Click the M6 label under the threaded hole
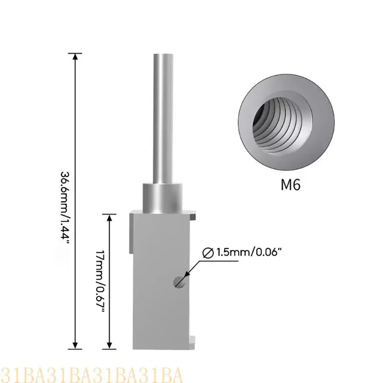[290, 185]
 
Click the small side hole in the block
[180, 282]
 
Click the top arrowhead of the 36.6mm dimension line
[75, 56]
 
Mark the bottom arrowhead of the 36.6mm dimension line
[75, 343]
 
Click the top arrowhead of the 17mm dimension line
[110, 218]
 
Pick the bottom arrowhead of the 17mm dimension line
[110, 343]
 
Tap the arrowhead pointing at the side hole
[186, 276]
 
